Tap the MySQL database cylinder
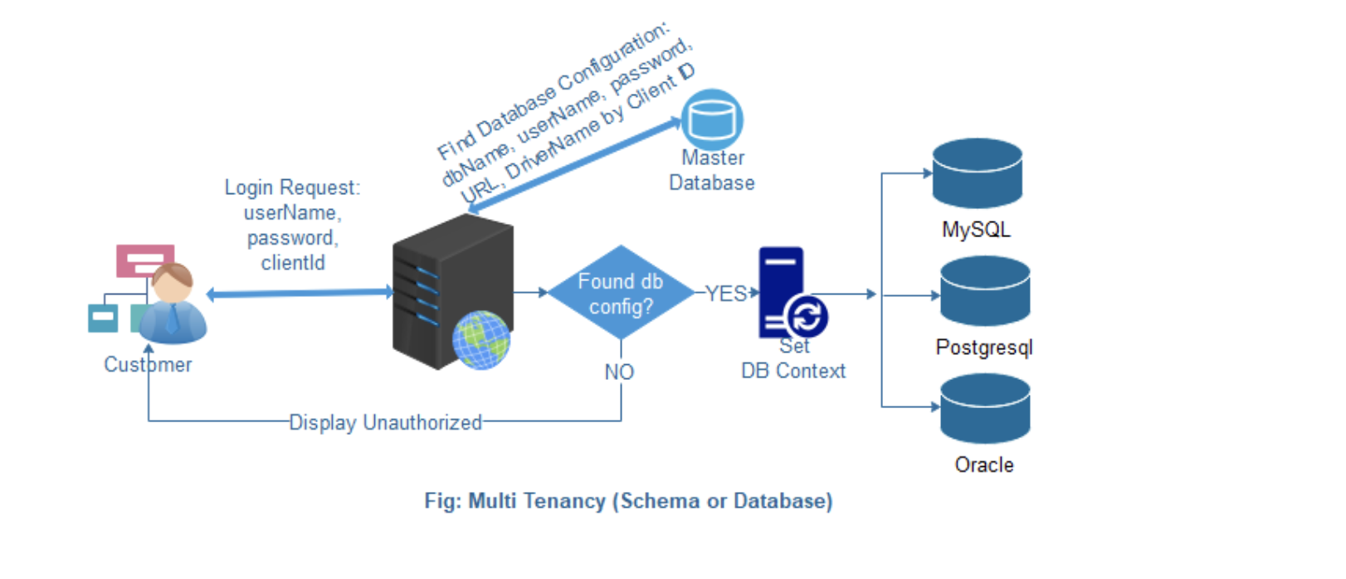(977, 173)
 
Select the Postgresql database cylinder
(985, 291)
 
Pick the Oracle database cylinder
(985, 408)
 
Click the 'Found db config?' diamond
(621, 293)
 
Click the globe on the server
(481, 339)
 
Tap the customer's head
(173, 284)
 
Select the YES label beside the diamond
(726, 294)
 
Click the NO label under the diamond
(619, 372)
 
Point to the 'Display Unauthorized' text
(385, 423)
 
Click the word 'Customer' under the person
(148, 365)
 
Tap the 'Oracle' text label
(984, 465)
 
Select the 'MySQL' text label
(976, 230)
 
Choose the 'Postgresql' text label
(984, 348)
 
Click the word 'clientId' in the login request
(293, 263)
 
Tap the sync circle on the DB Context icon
(806, 317)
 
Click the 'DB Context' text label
(793, 372)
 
